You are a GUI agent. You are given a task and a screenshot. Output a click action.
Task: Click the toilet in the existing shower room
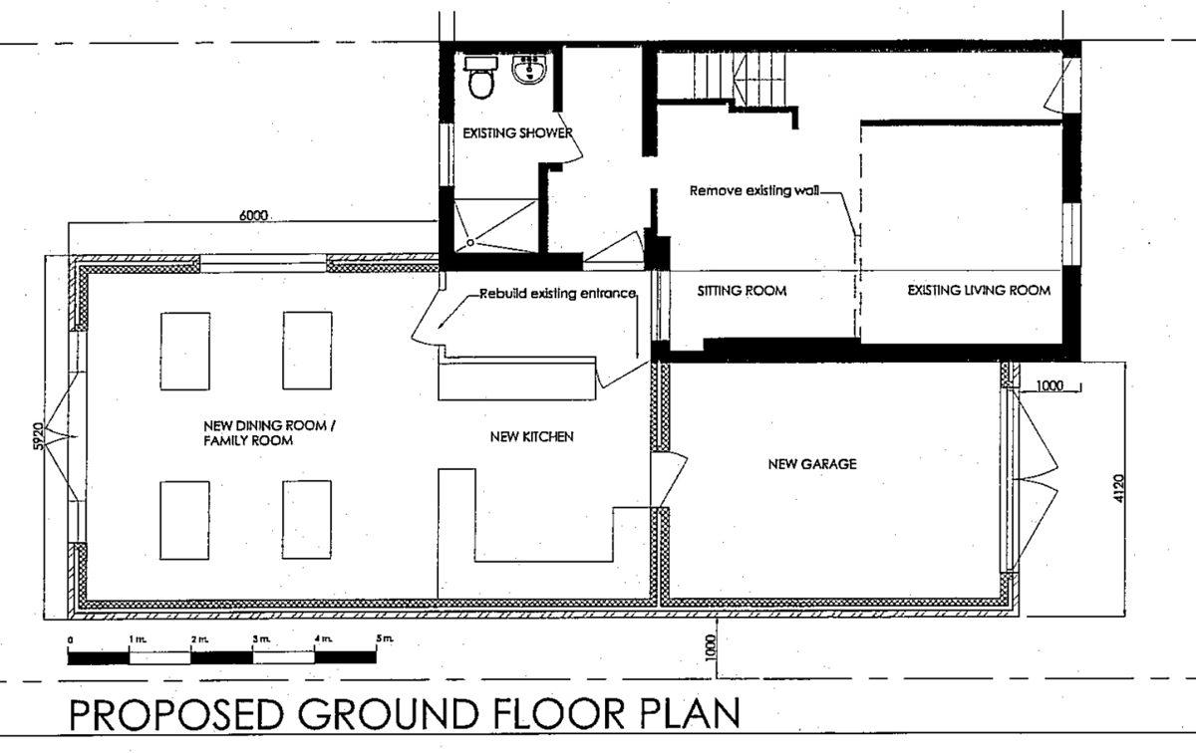point(481,79)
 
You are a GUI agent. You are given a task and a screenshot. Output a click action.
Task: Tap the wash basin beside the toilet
point(529,70)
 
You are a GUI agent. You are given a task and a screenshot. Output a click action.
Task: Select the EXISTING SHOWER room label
point(517,132)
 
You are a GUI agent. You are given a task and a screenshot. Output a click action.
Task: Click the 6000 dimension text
point(253,215)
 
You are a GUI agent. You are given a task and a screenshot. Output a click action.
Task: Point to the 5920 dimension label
point(38,436)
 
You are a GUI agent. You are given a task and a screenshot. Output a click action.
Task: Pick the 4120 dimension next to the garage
point(1119,488)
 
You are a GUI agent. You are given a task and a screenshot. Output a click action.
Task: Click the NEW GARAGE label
point(812,464)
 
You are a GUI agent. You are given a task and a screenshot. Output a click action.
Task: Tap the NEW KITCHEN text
point(532,437)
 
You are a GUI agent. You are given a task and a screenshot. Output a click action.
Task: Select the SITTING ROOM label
point(742,291)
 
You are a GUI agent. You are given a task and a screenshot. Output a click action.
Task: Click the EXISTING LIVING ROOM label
point(979,290)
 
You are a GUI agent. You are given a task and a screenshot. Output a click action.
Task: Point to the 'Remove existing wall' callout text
point(753,190)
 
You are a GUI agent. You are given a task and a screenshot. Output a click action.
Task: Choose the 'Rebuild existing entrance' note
point(557,293)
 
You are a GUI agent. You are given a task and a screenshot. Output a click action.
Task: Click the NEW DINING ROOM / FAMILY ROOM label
point(269,433)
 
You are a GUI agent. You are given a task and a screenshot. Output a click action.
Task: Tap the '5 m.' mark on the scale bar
point(385,638)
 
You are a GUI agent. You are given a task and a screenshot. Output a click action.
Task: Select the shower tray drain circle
point(470,242)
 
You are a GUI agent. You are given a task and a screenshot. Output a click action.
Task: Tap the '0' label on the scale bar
point(71,639)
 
